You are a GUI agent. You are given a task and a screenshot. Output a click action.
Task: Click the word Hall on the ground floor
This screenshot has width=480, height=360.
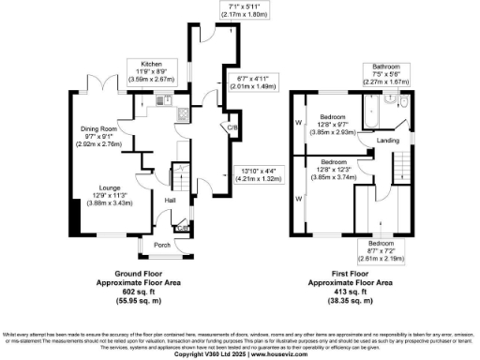pos(172,201)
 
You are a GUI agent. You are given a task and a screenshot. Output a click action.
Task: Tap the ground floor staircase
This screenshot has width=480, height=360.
pos(190,187)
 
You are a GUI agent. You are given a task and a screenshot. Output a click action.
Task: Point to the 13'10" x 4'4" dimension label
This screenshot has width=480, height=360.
pos(255,172)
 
